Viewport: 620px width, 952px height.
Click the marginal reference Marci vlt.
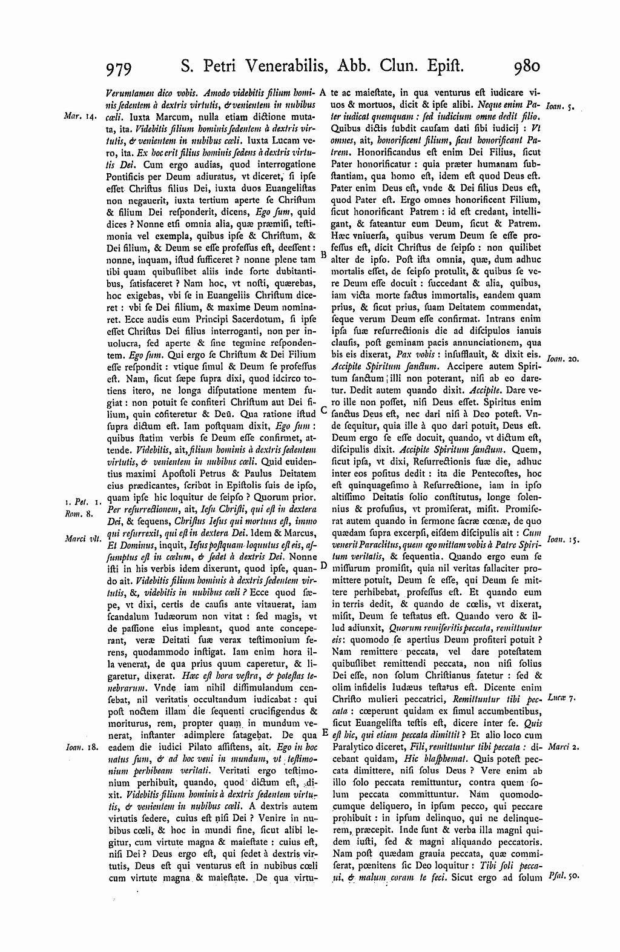click(80, 520)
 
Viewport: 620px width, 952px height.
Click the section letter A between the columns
click(324, 93)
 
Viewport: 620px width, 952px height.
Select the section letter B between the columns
click(324, 256)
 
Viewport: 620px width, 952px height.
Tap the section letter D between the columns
click(324, 565)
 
